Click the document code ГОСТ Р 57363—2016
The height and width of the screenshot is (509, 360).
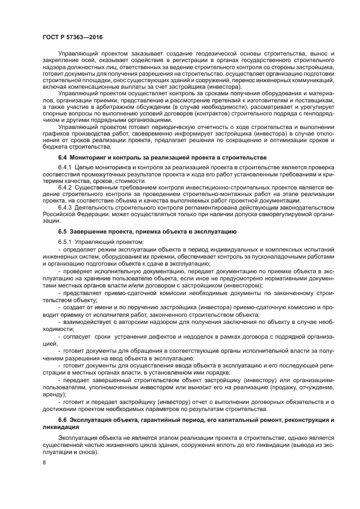click(x=72, y=37)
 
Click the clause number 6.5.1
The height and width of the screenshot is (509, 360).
click(x=65, y=242)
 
